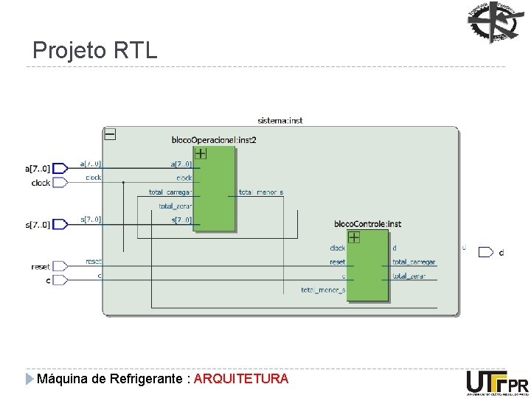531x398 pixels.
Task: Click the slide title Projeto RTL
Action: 95,50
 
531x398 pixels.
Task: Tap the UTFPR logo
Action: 497,383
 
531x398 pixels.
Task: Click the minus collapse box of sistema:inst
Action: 110,134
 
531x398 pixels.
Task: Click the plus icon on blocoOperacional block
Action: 200,153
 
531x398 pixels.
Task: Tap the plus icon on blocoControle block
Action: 354,237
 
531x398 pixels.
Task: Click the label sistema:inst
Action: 280,120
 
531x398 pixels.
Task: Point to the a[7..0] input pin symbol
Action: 61,168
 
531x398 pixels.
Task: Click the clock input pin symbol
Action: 61,182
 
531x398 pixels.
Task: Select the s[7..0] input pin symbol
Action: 61,224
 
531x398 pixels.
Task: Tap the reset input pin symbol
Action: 61,266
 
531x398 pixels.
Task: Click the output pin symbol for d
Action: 485,252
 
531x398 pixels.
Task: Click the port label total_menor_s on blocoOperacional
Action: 261,192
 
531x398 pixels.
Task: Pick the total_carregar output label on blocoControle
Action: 414,262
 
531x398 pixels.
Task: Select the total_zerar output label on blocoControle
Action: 409,276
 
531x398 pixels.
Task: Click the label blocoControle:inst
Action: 367,223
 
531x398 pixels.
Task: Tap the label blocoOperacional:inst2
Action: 214,139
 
